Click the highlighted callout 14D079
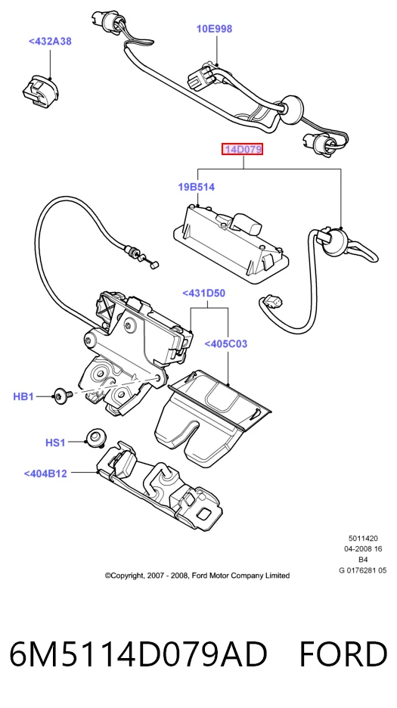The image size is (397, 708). click(242, 149)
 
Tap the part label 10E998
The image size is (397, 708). click(214, 29)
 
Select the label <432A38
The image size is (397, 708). click(50, 42)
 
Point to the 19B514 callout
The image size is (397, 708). click(197, 187)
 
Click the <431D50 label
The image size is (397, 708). click(203, 293)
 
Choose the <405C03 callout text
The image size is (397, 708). click(226, 344)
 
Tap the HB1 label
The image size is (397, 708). click(23, 397)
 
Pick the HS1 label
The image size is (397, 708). click(55, 443)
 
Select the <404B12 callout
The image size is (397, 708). click(45, 474)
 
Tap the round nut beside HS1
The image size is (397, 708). click(95, 438)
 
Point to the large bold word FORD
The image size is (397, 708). click(343, 654)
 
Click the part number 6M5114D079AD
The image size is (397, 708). click(138, 654)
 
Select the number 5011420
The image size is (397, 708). click(363, 539)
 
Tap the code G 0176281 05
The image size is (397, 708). click(363, 570)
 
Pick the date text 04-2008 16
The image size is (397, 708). click(363, 549)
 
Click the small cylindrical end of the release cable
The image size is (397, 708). click(153, 267)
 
